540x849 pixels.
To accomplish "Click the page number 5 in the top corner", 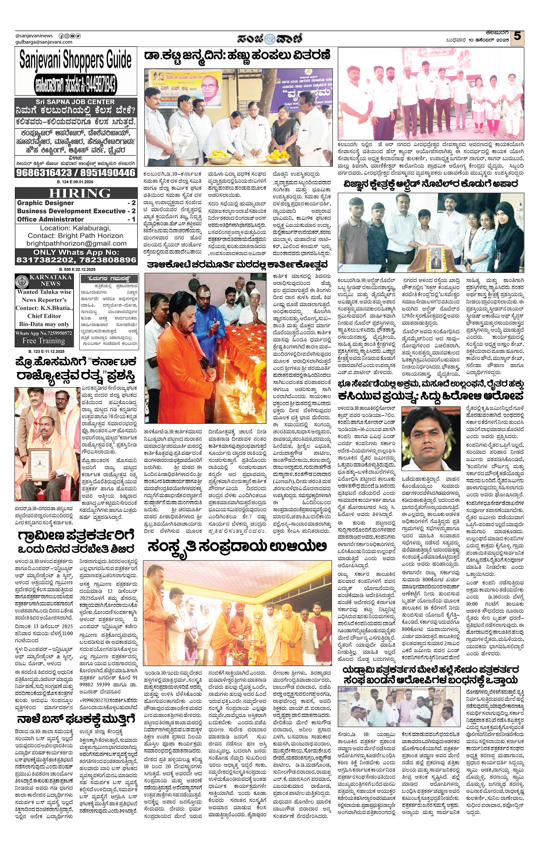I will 517,37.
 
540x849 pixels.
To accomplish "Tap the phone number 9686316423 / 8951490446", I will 76,173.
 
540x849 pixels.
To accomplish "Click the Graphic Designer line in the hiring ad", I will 45,203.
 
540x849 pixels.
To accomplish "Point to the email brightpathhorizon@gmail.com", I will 76,243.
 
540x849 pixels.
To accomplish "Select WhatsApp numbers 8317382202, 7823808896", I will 76,260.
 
